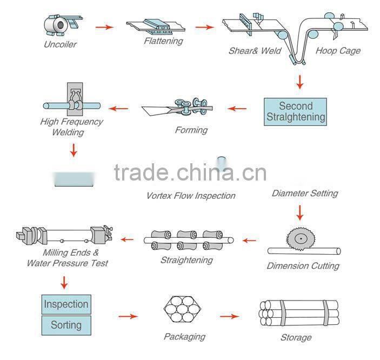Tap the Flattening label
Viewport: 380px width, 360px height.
(163, 41)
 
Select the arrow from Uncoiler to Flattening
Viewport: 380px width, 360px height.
(105, 26)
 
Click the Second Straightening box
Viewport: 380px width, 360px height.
(296, 112)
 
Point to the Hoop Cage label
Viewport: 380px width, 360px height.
(338, 51)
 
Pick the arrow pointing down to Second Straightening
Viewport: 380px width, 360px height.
(299, 82)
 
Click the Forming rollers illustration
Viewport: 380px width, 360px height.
(184, 108)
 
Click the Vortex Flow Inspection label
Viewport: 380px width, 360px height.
(191, 195)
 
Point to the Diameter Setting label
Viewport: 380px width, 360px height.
(305, 193)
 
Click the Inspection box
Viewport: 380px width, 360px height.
(66, 304)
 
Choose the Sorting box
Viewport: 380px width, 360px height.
(66, 325)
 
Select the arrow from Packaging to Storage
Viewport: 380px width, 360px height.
(229, 316)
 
